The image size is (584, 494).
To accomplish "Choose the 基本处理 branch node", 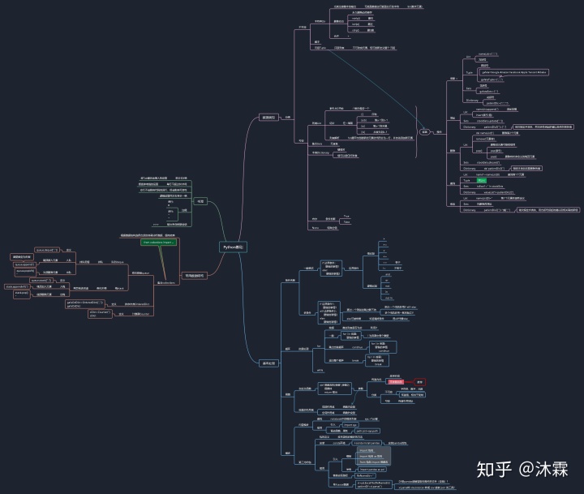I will point(268,363).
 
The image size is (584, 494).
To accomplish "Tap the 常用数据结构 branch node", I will point(195,276).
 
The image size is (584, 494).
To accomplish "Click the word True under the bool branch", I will point(346,216).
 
